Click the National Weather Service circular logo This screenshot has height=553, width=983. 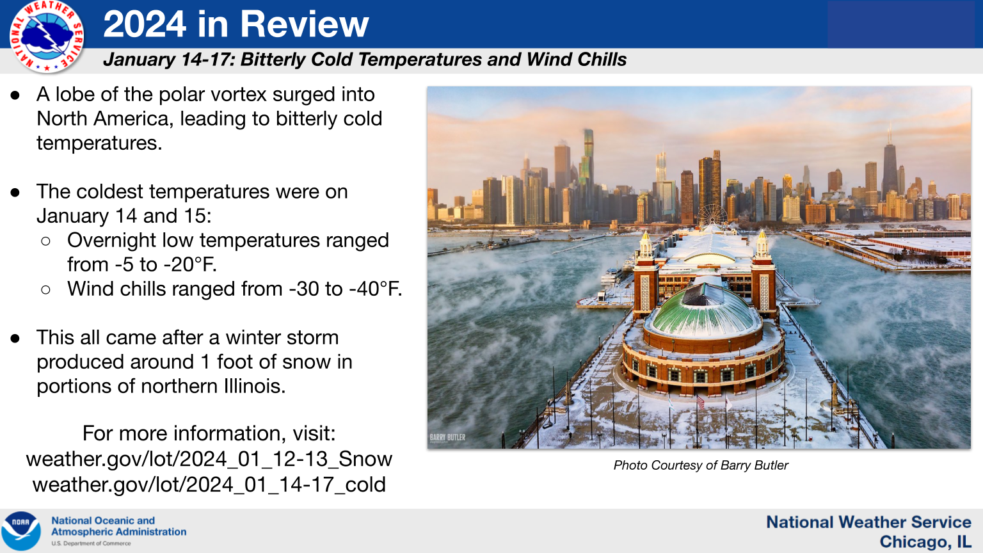point(47,36)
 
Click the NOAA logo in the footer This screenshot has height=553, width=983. point(21,531)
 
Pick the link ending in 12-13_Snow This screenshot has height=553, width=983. point(209,459)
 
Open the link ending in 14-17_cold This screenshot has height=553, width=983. point(209,485)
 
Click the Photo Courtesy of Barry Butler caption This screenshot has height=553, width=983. point(701,465)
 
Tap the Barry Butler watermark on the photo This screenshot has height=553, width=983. point(447,438)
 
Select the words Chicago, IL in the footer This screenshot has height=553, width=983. point(925,541)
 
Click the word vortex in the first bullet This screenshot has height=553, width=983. point(239,94)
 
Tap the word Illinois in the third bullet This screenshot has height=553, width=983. point(255,386)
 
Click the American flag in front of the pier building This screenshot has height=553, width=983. point(700,401)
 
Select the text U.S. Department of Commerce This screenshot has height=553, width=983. point(91,543)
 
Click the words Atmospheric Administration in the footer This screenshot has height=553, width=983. point(118,532)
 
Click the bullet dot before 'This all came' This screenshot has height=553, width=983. point(15,339)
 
